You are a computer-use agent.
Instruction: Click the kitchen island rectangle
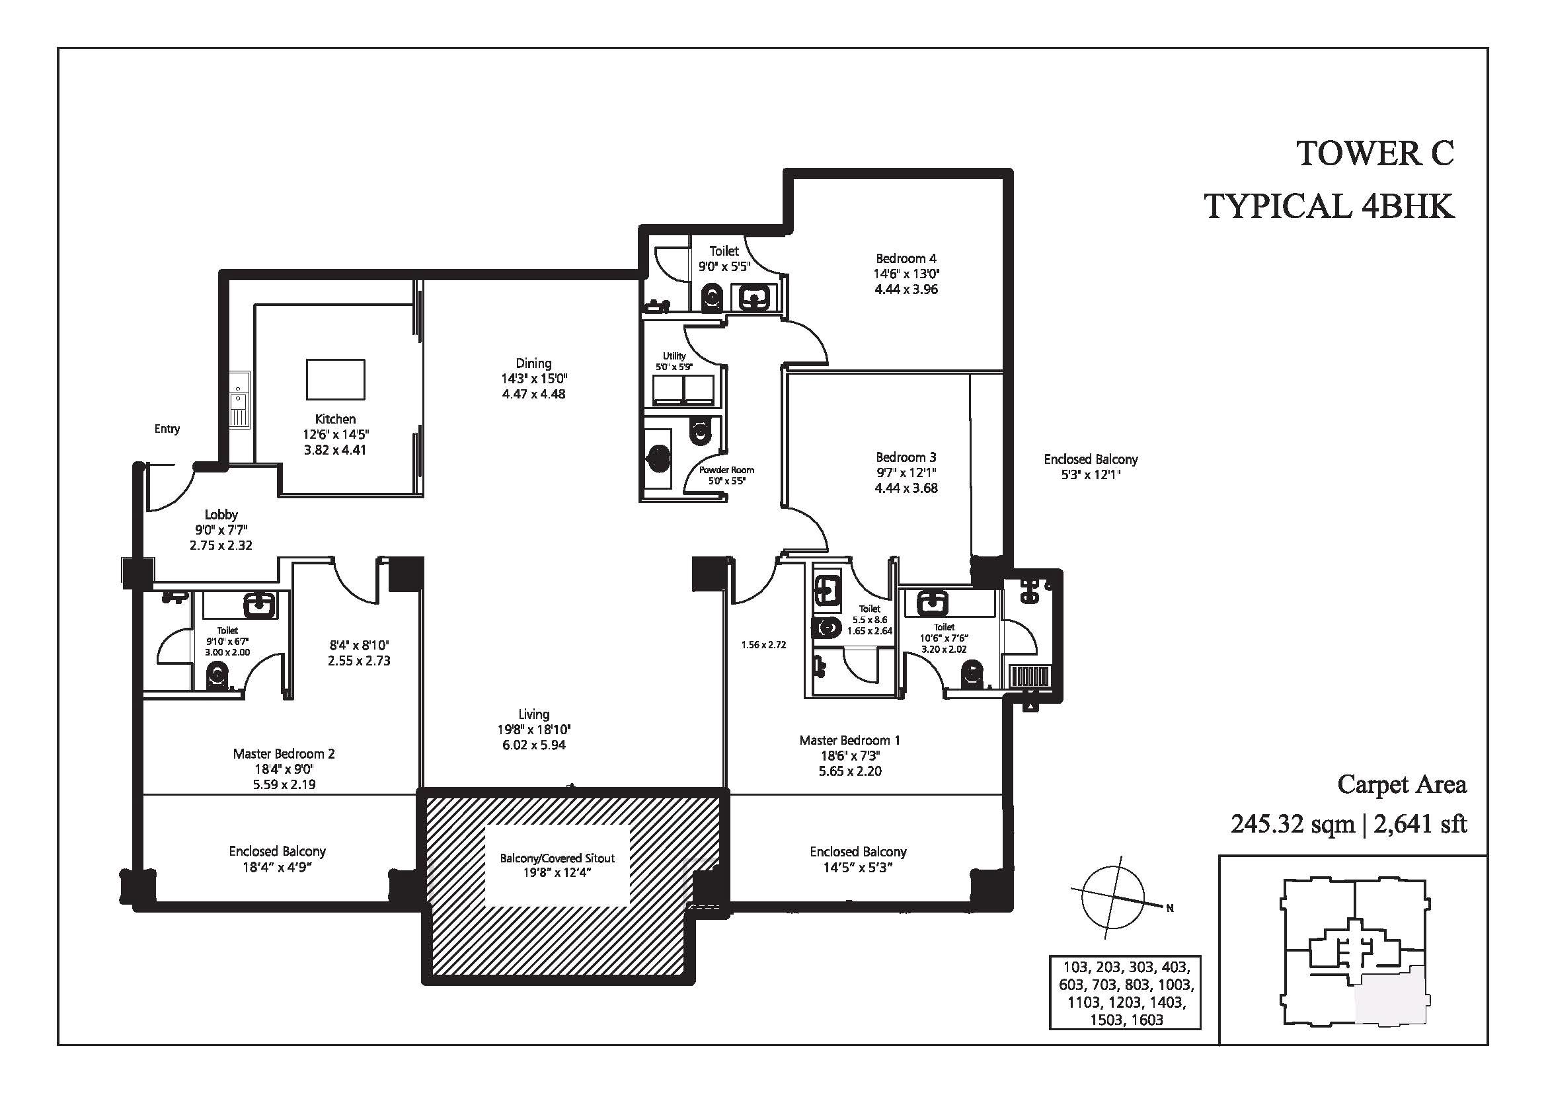pyautogui.click(x=335, y=379)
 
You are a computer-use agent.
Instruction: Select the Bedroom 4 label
pyautogui.click(x=906, y=258)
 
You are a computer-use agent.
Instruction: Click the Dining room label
pyautogui.click(x=534, y=363)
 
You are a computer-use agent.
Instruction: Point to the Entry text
pyautogui.click(x=167, y=429)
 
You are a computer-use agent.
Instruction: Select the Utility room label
pyautogui.click(x=674, y=356)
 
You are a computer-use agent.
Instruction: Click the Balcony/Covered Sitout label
pyautogui.click(x=558, y=858)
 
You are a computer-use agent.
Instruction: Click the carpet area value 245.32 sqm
pyautogui.click(x=1292, y=824)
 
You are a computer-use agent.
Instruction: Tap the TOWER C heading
pyautogui.click(x=1375, y=153)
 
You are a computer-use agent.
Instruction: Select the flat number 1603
pyautogui.click(x=1147, y=1020)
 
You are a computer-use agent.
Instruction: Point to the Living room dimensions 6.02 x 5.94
pyautogui.click(x=534, y=745)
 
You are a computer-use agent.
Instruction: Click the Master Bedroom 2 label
pyautogui.click(x=284, y=754)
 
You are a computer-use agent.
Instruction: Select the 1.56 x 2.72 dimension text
pyautogui.click(x=763, y=645)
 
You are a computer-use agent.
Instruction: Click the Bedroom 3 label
pyautogui.click(x=906, y=458)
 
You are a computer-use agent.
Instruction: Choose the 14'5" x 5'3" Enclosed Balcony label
pyautogui.click(x=858, y=868)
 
